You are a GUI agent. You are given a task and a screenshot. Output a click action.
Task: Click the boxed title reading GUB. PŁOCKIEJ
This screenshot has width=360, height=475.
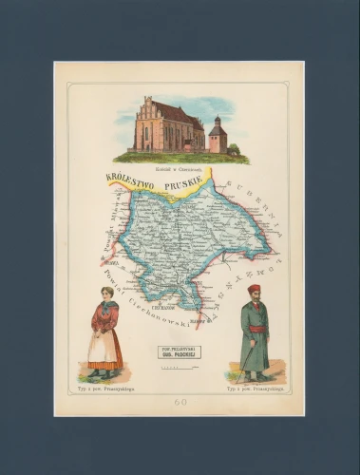click(180, 351)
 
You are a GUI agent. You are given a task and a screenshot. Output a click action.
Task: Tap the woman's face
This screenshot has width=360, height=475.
click(105, 294)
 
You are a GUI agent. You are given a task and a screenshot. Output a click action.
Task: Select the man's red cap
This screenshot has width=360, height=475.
click(254, 288)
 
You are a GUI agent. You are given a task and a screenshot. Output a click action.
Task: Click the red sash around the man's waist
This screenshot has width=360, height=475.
click(254, 329)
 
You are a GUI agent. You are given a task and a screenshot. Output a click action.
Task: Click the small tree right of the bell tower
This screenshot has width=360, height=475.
click(234, 148)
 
